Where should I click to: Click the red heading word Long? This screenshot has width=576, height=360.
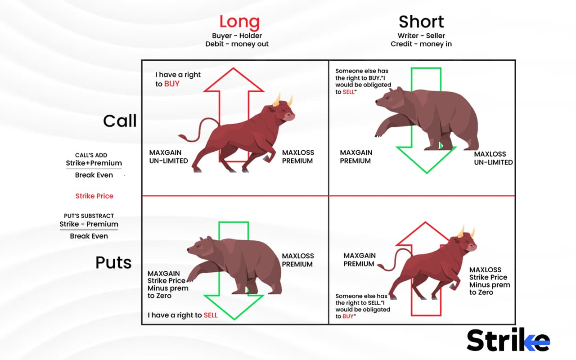click(239, 22)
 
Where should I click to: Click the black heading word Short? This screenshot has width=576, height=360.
click(421, 22)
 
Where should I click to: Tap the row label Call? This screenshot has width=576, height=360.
click(120, 121)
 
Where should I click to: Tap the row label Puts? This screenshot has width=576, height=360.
click(113, 262)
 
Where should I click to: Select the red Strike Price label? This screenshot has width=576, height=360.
click(94, 196)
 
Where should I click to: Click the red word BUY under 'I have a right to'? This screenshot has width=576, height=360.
click(171, 84)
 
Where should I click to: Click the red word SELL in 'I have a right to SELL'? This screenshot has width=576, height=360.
click(211, 315)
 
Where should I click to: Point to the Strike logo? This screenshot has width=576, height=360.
click(508, 340)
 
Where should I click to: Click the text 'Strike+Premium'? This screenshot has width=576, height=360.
click(94, 163)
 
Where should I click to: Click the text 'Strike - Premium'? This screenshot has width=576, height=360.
click(89, 224)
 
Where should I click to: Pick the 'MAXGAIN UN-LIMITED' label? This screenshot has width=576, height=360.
click(169, 157)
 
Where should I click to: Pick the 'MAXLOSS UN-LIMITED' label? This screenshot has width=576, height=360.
click(493, 158)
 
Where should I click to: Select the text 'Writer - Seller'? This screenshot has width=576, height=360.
click(421, 36)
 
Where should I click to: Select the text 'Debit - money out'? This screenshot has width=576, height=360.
click(237, 44)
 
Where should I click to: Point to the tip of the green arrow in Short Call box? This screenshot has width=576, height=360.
click(426, 172)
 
